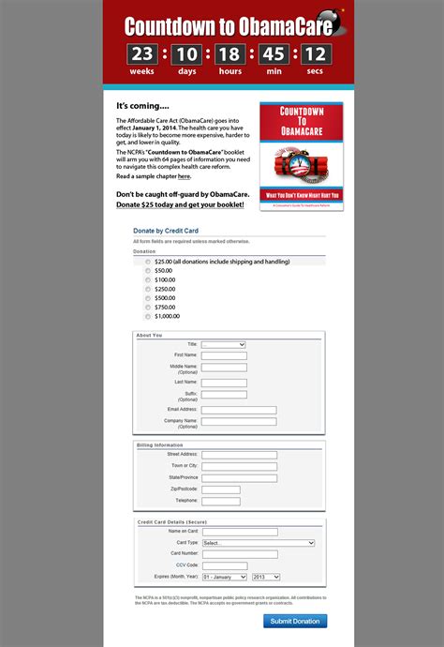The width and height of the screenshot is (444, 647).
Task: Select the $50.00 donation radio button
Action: (x=148, y=270)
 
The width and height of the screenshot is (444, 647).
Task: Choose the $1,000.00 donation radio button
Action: (x=148, y=316)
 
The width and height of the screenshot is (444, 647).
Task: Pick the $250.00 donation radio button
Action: (x=148, y=289)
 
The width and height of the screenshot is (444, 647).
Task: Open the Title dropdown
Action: (x=223, y=345)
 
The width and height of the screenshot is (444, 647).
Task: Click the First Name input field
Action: (x=224, y=355)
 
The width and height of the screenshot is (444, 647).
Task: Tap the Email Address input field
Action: (x=239, y=410)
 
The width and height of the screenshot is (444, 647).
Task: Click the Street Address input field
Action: (x=239, y=455)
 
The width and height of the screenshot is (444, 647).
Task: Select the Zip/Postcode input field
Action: (x=220, y=489)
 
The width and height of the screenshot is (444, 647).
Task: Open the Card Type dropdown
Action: (x=258, y=543)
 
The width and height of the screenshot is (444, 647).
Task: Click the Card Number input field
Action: (x=239, y=553)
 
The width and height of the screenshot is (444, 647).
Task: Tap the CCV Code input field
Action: (x=224, y=565)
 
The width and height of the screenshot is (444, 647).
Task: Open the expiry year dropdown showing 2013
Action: (x=265, y=577)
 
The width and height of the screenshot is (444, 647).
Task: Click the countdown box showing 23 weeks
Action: (x=142, y=55)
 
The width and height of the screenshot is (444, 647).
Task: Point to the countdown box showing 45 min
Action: (x=274, y=55)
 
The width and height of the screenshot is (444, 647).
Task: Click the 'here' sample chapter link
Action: (x=184, y=176)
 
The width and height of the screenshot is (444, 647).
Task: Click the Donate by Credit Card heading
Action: (x=166, y=230)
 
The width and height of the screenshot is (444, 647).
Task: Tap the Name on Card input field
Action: (x=239, y=532)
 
